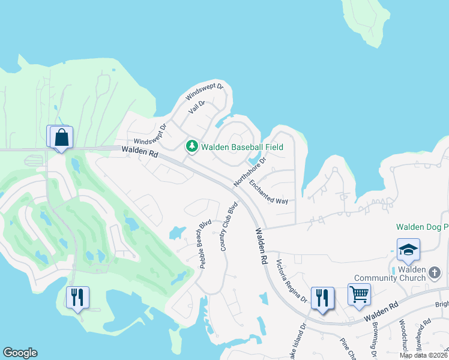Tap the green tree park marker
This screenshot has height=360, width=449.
pos(191,146)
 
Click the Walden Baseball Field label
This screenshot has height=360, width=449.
pos(241,146)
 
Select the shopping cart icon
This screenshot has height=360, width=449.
pos(358,295)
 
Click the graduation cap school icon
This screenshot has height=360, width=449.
pos(408,249)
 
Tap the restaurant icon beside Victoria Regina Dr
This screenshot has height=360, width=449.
pos(322,298)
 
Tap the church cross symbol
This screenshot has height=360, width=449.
pos(435,274)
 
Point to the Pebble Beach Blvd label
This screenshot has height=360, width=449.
pos(205,246)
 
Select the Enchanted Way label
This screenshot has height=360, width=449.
pos(269,192)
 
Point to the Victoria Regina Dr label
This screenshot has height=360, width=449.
pos(291,281)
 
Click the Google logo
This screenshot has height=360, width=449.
pos(20,353)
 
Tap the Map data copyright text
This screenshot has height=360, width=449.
pos(424,355)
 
